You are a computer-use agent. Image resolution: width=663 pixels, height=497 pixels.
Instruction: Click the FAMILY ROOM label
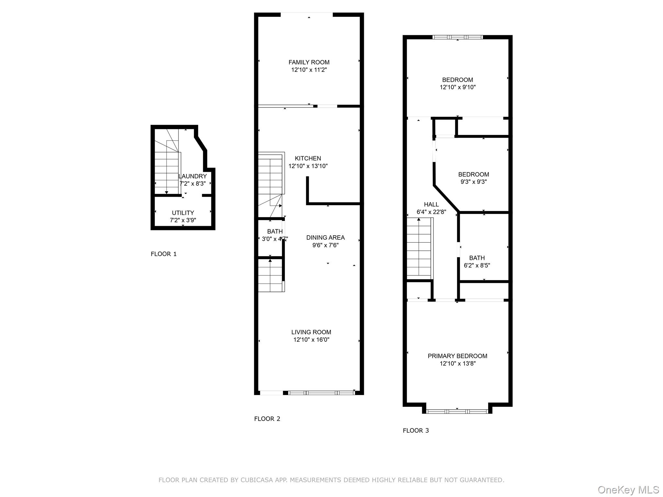(x=309, y=62)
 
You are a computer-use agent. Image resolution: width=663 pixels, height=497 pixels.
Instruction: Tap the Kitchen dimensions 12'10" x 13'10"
(x=308, y=166)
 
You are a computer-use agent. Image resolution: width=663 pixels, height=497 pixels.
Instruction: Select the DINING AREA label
(x=325, y=237)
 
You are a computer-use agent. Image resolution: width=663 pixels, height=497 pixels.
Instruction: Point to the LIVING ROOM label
(x=311, y=332)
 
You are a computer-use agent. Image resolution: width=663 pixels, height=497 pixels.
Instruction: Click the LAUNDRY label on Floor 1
(x=193, y=176)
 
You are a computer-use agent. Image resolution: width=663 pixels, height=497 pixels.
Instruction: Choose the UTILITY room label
(x=183, y=213)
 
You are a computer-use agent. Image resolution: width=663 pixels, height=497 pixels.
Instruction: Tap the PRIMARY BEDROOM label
(x=457, y=356)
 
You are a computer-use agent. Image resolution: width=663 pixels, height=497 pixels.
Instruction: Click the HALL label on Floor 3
(x=431, y=204)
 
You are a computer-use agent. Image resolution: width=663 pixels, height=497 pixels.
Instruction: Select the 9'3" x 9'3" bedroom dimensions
(x=473, y=182)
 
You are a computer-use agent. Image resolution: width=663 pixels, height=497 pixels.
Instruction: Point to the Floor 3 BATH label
(x=477, y=258)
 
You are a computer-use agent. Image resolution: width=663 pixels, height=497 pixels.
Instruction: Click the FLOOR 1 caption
(x=163, y=254)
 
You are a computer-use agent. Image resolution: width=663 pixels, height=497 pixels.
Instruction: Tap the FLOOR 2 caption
(x=267, y=419)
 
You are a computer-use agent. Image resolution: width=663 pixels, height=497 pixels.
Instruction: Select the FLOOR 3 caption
(x=416, y=430)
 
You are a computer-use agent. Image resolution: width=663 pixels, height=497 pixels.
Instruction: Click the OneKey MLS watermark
(x=628, y=490)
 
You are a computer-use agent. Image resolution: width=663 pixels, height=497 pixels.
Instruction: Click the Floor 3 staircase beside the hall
(x=420, y=248)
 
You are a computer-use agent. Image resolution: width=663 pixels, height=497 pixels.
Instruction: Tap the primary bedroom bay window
(x=457, y=412)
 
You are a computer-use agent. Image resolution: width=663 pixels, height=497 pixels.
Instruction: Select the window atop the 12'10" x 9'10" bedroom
(x=457, y=37)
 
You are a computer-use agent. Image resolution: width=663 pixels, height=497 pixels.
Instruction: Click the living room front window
(x=321, y=393)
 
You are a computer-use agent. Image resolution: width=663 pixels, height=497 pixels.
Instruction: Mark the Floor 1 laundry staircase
(x=166, y=168)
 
